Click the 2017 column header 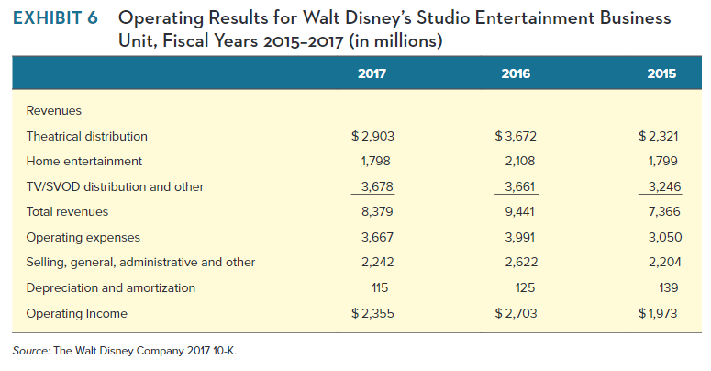(372, 73)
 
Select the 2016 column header (517, 73)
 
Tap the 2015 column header (661, 73)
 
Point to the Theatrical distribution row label (86, 136)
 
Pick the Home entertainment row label (83, 161)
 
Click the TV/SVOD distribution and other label (115, 186)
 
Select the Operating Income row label (76, 313)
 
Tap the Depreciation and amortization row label (110, 287)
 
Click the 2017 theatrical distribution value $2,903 (372, 136)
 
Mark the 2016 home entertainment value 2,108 (519, 161)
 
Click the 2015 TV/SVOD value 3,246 (661, 186)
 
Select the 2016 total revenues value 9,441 (519, 211)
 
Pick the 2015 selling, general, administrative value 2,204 (661, 262)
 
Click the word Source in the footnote (32, 350)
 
